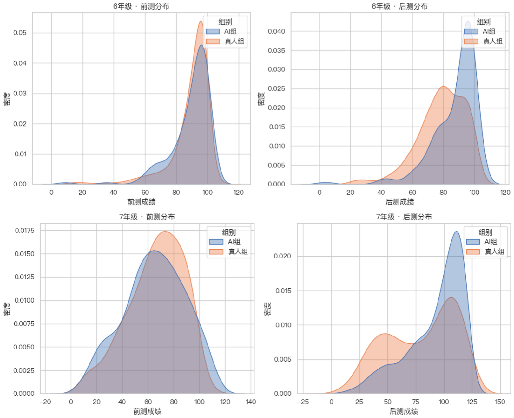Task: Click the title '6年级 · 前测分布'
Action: [141, 6]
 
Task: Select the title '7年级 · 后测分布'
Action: [404, 217]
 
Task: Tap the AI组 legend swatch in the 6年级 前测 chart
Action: [213, 31]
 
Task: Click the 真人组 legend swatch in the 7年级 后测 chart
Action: [473, 252]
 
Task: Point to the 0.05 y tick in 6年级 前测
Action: [20, 33]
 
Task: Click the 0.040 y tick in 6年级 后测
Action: [276, 31]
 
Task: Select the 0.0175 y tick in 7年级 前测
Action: [25, 230]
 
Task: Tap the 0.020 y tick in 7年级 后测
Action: [282, 256]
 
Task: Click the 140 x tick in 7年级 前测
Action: [251, 402]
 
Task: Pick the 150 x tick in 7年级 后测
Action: [500, 402]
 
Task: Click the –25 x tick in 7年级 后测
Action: [303, 402]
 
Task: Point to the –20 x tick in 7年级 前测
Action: [45, 402]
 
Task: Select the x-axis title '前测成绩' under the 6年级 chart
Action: [141, 202]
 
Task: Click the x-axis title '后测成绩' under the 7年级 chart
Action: [404, 411]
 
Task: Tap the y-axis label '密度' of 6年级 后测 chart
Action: [261, 99]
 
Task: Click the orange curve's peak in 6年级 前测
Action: [201, 21]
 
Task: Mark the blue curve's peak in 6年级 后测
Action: [468, 21]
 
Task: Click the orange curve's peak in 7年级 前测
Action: [165, 232]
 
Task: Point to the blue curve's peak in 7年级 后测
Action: [456, 232]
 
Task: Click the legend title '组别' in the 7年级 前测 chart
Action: [229, 232]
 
